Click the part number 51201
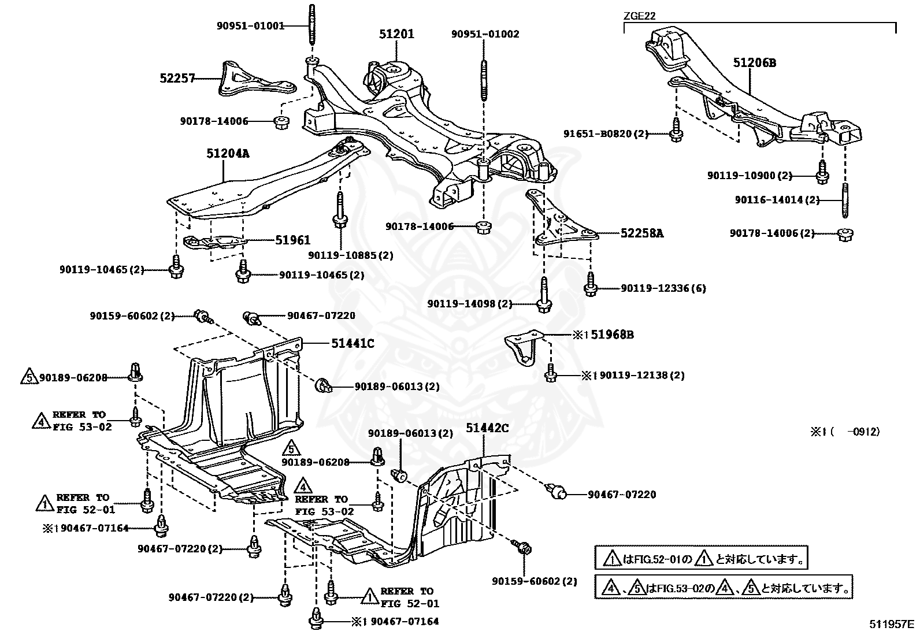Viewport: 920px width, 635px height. [396, 34]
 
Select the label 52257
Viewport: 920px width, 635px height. [177, 77]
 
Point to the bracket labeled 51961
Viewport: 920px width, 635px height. [214, 242]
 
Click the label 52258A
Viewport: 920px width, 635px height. [642, 233]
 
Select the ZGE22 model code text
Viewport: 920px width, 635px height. [639, 16]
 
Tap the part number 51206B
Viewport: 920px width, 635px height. [755, 63]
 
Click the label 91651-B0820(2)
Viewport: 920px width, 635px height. [606, 134]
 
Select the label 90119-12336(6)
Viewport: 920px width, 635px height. [663, 288]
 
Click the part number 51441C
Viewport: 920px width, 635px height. [353, 344]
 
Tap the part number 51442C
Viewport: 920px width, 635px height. [487, 428]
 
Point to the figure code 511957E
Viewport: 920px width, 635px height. [892, 625]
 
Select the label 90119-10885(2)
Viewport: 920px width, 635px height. [351, 255]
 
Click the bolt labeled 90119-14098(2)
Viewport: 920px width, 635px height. [543, 295]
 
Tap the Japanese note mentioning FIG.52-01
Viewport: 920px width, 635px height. [701, 559]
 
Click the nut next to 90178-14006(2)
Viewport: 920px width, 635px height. [845, 234]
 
